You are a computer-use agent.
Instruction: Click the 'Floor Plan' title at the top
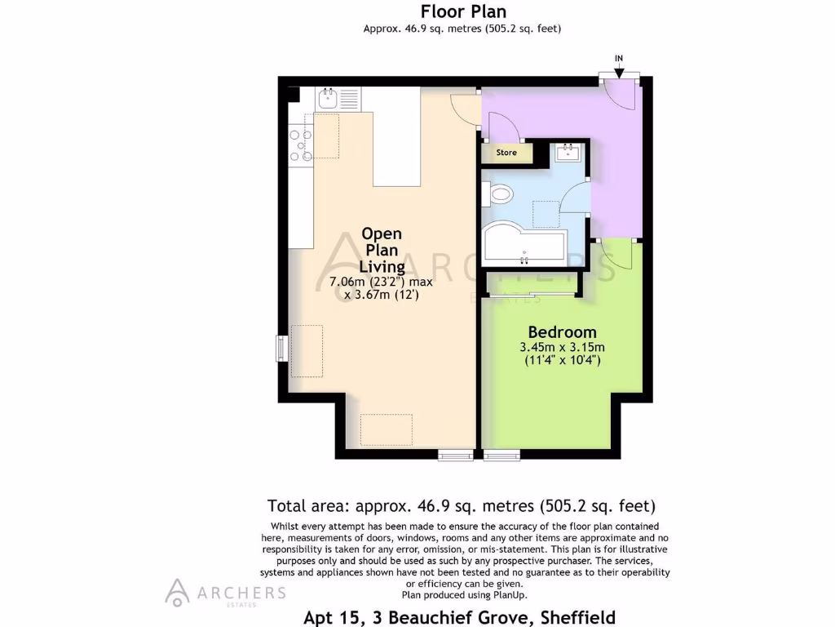[463, 11]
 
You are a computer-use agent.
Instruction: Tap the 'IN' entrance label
[619, 59]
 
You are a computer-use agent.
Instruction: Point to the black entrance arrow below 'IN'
[619, 73]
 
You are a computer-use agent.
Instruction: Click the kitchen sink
[330, 100]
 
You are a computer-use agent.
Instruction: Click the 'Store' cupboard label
[506, 153]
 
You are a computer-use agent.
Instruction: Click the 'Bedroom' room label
[562, 332]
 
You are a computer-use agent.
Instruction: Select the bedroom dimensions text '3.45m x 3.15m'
[562, 347]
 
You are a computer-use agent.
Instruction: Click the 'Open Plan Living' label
[382, 250]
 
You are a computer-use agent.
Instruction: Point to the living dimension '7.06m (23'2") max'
[381, 282]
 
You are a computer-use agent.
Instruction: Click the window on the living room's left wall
[281, 347]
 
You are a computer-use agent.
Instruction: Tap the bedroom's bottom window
[501, 455]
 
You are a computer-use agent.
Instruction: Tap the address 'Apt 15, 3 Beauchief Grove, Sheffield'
[459, 617]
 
